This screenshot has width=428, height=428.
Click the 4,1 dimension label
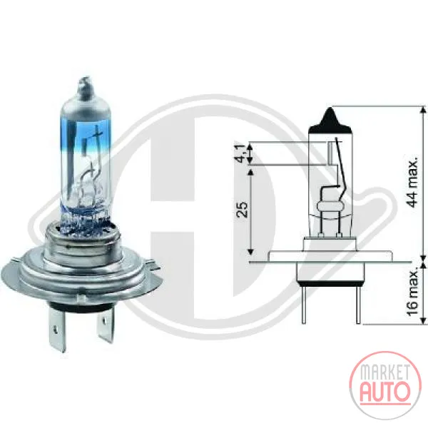pyautogui.click(x=243, y=153)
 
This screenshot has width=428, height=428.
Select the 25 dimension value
pyautogui.click(x=243, y=209)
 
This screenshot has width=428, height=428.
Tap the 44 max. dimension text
pyautogui.click(x=412, y=182)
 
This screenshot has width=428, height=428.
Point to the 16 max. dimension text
pyautogui.click(x=412, y=292)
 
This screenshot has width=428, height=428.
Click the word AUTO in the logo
pyautogui.click(x=385, y=392)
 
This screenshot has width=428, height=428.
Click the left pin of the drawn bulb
pyautogui.click(x=304, y=305)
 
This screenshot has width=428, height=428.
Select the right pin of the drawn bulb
pyautogui.click(x=358, y=305)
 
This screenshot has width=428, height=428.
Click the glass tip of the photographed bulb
pyautogui.click(x=85, y=87)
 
